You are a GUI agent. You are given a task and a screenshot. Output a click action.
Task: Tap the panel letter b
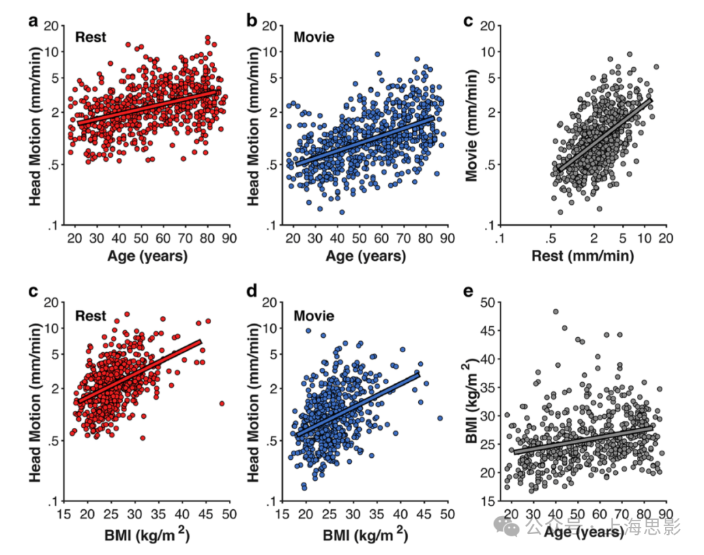[252, 21]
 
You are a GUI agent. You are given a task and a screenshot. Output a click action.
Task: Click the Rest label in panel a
[91, 37]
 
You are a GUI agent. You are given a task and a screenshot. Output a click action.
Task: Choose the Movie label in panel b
[314, 37]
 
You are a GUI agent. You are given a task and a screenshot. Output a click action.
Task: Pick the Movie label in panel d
[314, 316]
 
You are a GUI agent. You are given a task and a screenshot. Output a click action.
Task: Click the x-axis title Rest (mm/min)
[582, 256]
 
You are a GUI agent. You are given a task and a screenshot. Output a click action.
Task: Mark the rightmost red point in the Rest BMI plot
[222, 404]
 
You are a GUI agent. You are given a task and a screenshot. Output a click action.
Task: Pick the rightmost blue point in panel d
[440, 418]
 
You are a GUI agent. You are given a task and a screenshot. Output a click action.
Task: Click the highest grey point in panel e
[556, 312]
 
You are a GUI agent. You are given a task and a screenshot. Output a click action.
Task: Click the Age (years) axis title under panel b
[365, 256]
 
